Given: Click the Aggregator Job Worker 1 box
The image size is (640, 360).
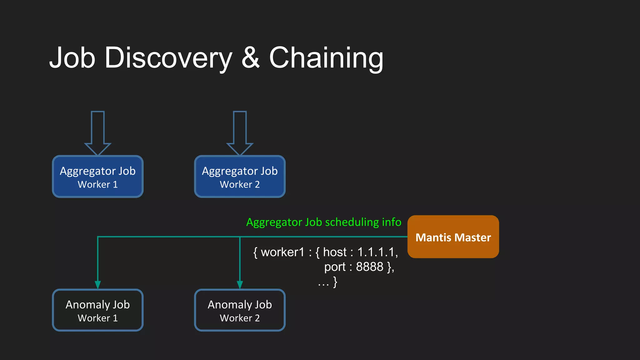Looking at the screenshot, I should point(98,177).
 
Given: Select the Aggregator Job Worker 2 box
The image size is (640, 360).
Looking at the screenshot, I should point(240,177).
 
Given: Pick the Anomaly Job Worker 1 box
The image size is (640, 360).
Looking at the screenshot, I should point(98,310).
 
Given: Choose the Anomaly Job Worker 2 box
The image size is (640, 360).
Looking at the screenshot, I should point(240,310).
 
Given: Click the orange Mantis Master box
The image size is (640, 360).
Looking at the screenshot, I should point(453,237).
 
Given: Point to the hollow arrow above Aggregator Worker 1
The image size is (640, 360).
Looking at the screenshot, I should point(98,133).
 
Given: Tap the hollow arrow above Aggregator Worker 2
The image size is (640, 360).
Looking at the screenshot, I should point(240,133).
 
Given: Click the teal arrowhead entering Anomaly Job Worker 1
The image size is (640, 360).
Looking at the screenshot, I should point(98,285).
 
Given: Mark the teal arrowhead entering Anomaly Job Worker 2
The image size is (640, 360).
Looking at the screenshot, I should point(240,285).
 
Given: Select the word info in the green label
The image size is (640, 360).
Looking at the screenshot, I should point(392,222).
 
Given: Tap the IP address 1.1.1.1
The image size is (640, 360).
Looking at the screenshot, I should point(377,252).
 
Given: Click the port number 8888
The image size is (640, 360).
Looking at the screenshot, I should point(369,267).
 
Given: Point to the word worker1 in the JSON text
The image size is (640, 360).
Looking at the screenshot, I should point(282,252).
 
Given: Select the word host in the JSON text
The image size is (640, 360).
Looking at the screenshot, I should point(335,252).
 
